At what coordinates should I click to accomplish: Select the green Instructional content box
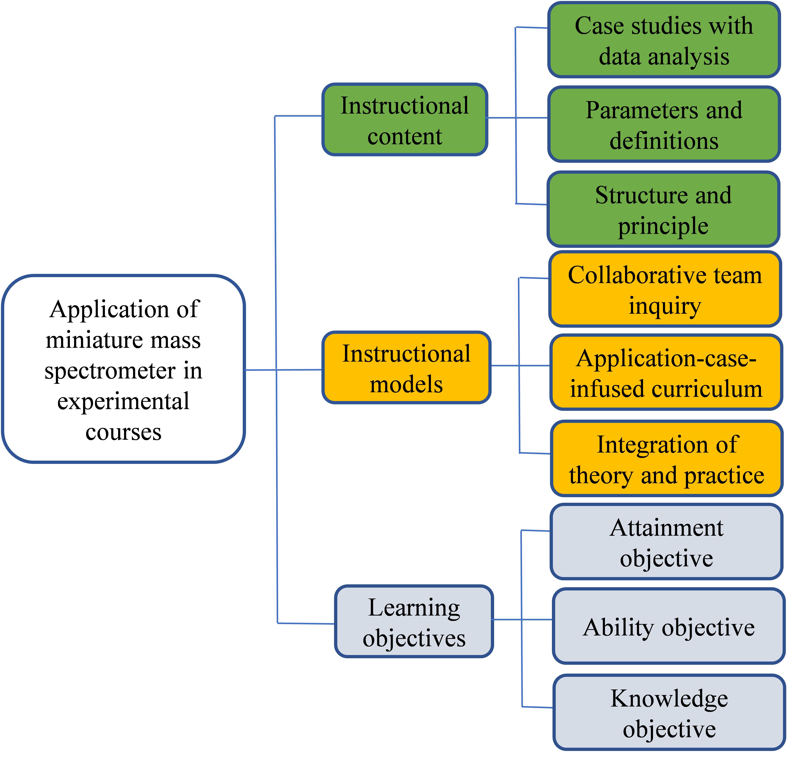[x=405, y=119]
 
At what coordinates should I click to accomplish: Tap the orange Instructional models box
[x=406, y=367]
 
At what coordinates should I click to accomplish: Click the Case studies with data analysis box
[x=664, y=40]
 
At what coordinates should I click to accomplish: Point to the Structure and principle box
[x=663, y=209]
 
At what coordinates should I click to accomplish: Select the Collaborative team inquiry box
[x=665, y=289]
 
